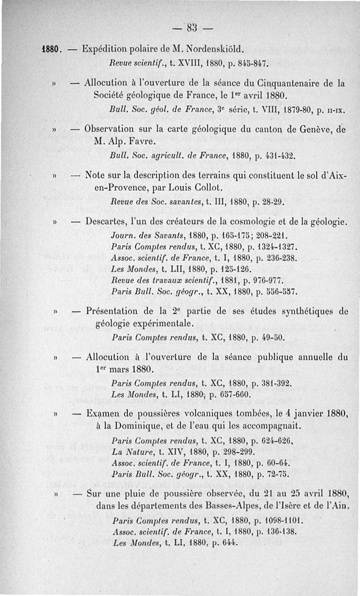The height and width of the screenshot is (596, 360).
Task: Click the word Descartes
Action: coord(109,222)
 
